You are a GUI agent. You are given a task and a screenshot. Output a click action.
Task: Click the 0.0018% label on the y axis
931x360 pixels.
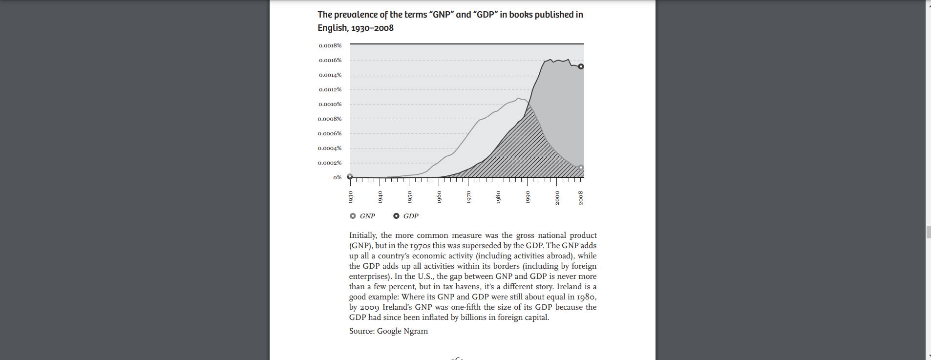click(330, 45)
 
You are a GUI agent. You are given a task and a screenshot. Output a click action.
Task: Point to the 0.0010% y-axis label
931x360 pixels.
click(330, 104)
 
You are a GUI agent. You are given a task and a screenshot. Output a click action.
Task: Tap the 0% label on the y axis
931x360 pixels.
click(338, 177)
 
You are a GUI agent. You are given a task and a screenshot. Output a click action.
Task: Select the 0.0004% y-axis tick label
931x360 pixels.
click(330, 148)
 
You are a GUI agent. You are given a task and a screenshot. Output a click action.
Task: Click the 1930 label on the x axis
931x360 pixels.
click(351, 197)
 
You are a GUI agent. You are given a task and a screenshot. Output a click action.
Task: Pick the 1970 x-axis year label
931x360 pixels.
click(469, 197)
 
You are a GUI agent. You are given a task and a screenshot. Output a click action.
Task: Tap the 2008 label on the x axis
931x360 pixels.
click(581, 197)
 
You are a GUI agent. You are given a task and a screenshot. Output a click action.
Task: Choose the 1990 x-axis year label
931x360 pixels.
click(528, 197)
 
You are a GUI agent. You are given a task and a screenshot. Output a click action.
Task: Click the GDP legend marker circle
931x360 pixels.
click(396, 216)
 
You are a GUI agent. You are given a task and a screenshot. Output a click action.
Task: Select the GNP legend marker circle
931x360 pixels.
click(353, 216)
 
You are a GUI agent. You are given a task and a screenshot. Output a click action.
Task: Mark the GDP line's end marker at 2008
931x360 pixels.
click(581, 66)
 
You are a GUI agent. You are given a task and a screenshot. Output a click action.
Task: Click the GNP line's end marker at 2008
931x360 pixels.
click(581, 168)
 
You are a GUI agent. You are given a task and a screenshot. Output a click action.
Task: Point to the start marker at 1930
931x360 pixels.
click(350, 177)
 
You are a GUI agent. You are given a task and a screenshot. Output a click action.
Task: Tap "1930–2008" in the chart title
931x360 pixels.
click(372, 28)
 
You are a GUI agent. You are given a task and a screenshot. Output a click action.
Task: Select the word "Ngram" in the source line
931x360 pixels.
click(416, 331)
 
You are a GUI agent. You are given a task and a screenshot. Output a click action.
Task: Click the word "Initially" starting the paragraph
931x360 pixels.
click(362, 235)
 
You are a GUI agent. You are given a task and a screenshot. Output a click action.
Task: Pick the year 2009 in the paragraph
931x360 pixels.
click(369, 307)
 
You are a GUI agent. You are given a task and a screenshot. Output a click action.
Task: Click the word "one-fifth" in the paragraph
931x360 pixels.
click(465, 307)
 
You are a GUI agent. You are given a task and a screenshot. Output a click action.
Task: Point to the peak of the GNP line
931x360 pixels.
click(518, 98)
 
